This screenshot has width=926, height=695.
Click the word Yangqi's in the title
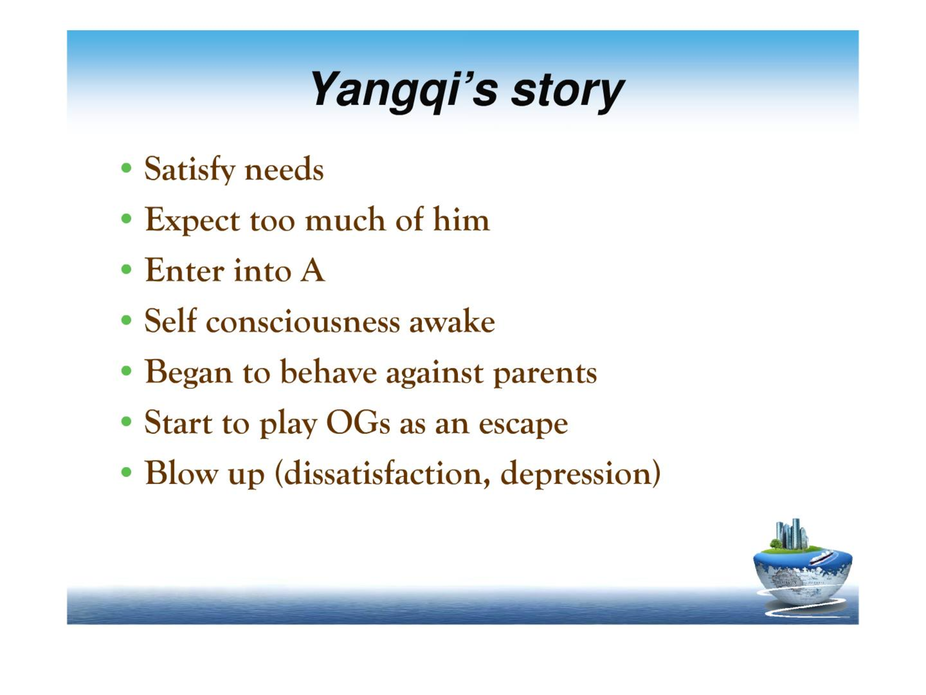[x=403, y=91]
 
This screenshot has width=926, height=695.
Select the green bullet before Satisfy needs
[x=126, y=168]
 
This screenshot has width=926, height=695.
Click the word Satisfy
[x=190, y=169]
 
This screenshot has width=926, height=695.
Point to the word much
[x=345, y=220]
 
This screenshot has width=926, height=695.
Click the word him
[x=461, y=220]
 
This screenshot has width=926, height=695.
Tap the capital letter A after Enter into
[x=313, y=270]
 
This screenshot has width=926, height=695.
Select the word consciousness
[x=303, y=321]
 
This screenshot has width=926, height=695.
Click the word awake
[x=452, y=321]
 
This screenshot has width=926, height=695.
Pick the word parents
[x=545, y=373]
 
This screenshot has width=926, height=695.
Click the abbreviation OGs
[x=358, y=423]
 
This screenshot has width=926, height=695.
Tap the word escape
[x=523, y=424]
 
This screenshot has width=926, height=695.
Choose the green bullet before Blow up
[x=126, y=472]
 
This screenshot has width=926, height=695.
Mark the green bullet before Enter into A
[x=126, y=269]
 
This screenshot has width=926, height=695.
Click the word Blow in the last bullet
[x=181, y=473]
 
